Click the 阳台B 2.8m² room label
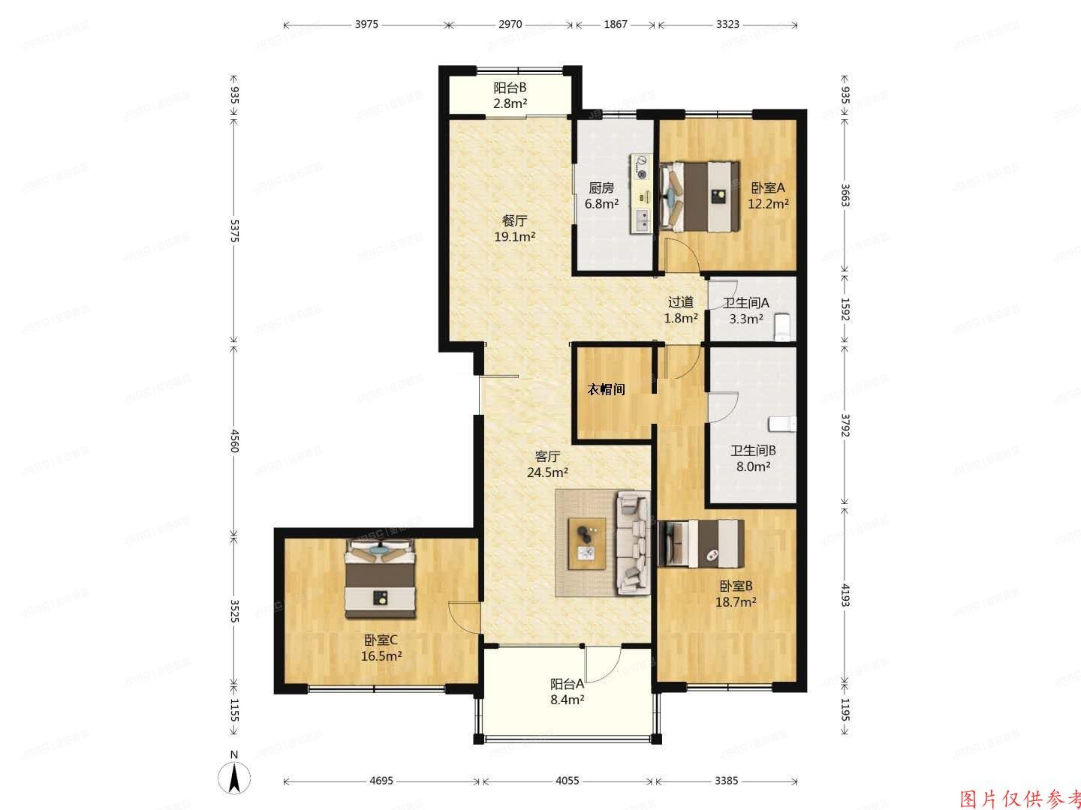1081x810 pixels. pyautogui.click(x=510, y=95)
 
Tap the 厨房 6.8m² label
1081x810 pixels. pyautogui.click(x=601, y=195)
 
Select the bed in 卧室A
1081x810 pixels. pyautogui.click(x=698, y=197)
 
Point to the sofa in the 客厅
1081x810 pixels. pyautogui.click(x=633, y=543)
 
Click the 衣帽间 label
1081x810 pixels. pyautogui.click(x=606, y=389)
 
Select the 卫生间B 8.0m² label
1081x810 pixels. pyautogui.click(x=753, y=458)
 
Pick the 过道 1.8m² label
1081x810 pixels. pyautogui.click(x=681, y=310)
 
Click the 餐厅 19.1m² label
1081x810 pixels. pyautogui.click(x=514, y=229)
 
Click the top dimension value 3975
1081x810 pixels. pyautogui.click(x=366, y=24)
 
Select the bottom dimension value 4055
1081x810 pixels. pyautogui.click(x=567, y=781)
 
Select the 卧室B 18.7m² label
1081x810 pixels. pyautogui.click(x=736, y=593)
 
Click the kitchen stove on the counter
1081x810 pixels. pyautogui.click(x=643, y=168)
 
